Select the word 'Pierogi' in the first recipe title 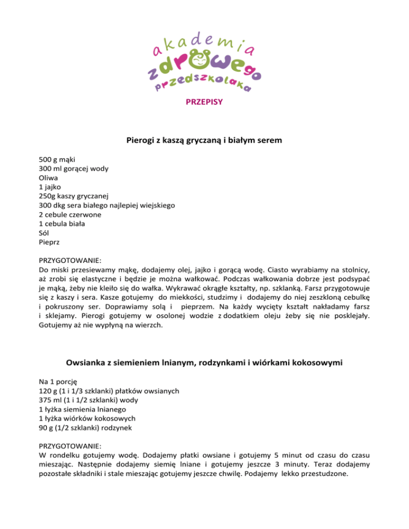[x=142, y=141]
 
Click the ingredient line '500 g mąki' [x=57, y=159]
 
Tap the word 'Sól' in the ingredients [x=45, y=233]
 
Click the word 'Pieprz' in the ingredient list [x=50, y=242]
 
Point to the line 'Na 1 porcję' [x=59, y=382]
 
